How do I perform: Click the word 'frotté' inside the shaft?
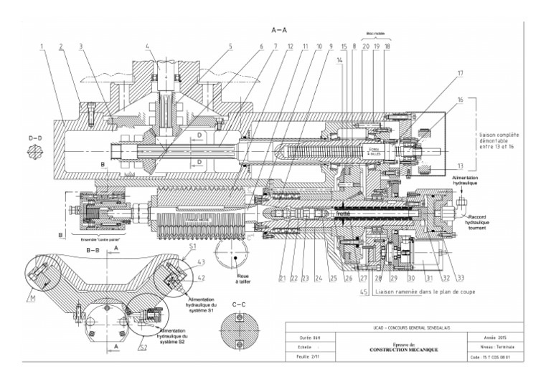(342, 213)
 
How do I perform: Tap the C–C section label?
(245, 304)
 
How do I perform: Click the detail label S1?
(192, 246)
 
